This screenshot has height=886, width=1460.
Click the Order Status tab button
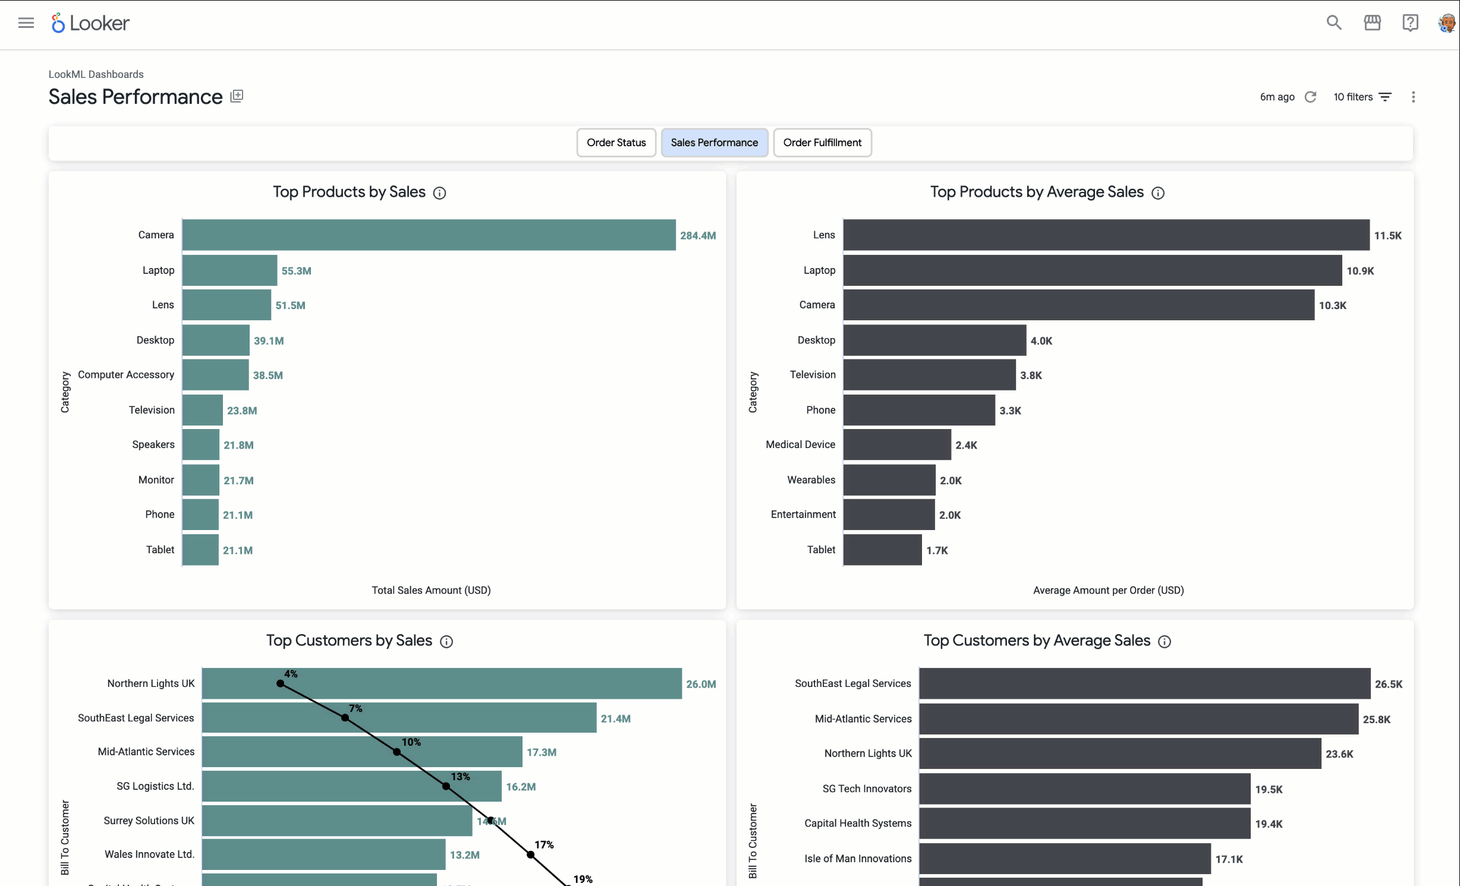(x=616, y=143)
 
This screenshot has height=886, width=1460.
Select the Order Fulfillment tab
(x=822, y=143)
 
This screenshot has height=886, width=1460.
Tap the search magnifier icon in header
(x=1334, y=23)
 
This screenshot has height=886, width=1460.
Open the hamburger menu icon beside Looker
(x=26, y=23)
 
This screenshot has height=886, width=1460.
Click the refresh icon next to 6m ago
(x=1310, y=97)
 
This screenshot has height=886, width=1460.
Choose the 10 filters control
(x=1362, y=97)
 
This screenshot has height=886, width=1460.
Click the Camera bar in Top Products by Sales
(x=429, y=235)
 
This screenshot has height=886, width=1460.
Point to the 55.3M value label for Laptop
(x=296, y=271)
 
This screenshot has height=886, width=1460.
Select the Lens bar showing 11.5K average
(x=1106, y=235)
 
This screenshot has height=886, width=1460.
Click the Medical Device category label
(x=800, y=444)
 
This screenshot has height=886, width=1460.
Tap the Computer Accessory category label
(x=126, y=375)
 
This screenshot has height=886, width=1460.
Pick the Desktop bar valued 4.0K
(x=934, y=340)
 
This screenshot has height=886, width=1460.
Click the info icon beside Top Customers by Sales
(x=446, y=642)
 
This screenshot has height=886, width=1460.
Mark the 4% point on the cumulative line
(x=281, y=683)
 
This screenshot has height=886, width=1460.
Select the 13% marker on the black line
(x=446, y=786)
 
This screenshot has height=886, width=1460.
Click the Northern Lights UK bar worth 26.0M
(x=442, y=683)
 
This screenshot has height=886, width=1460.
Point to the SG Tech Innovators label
(x=867, y=789)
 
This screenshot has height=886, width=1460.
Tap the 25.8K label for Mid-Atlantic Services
(x=1376, y=720)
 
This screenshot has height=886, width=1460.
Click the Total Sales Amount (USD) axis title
(x=431, y=590)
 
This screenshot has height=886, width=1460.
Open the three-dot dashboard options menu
(x=1414, y=97)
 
